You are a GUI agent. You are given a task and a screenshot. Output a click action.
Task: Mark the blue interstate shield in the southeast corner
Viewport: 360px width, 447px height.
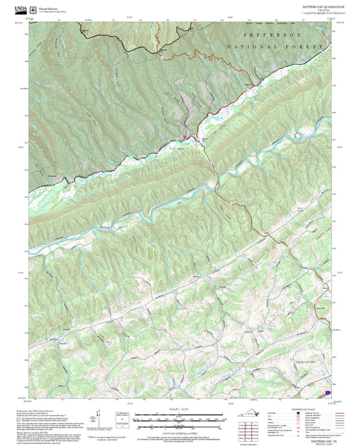tap(328, 390)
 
